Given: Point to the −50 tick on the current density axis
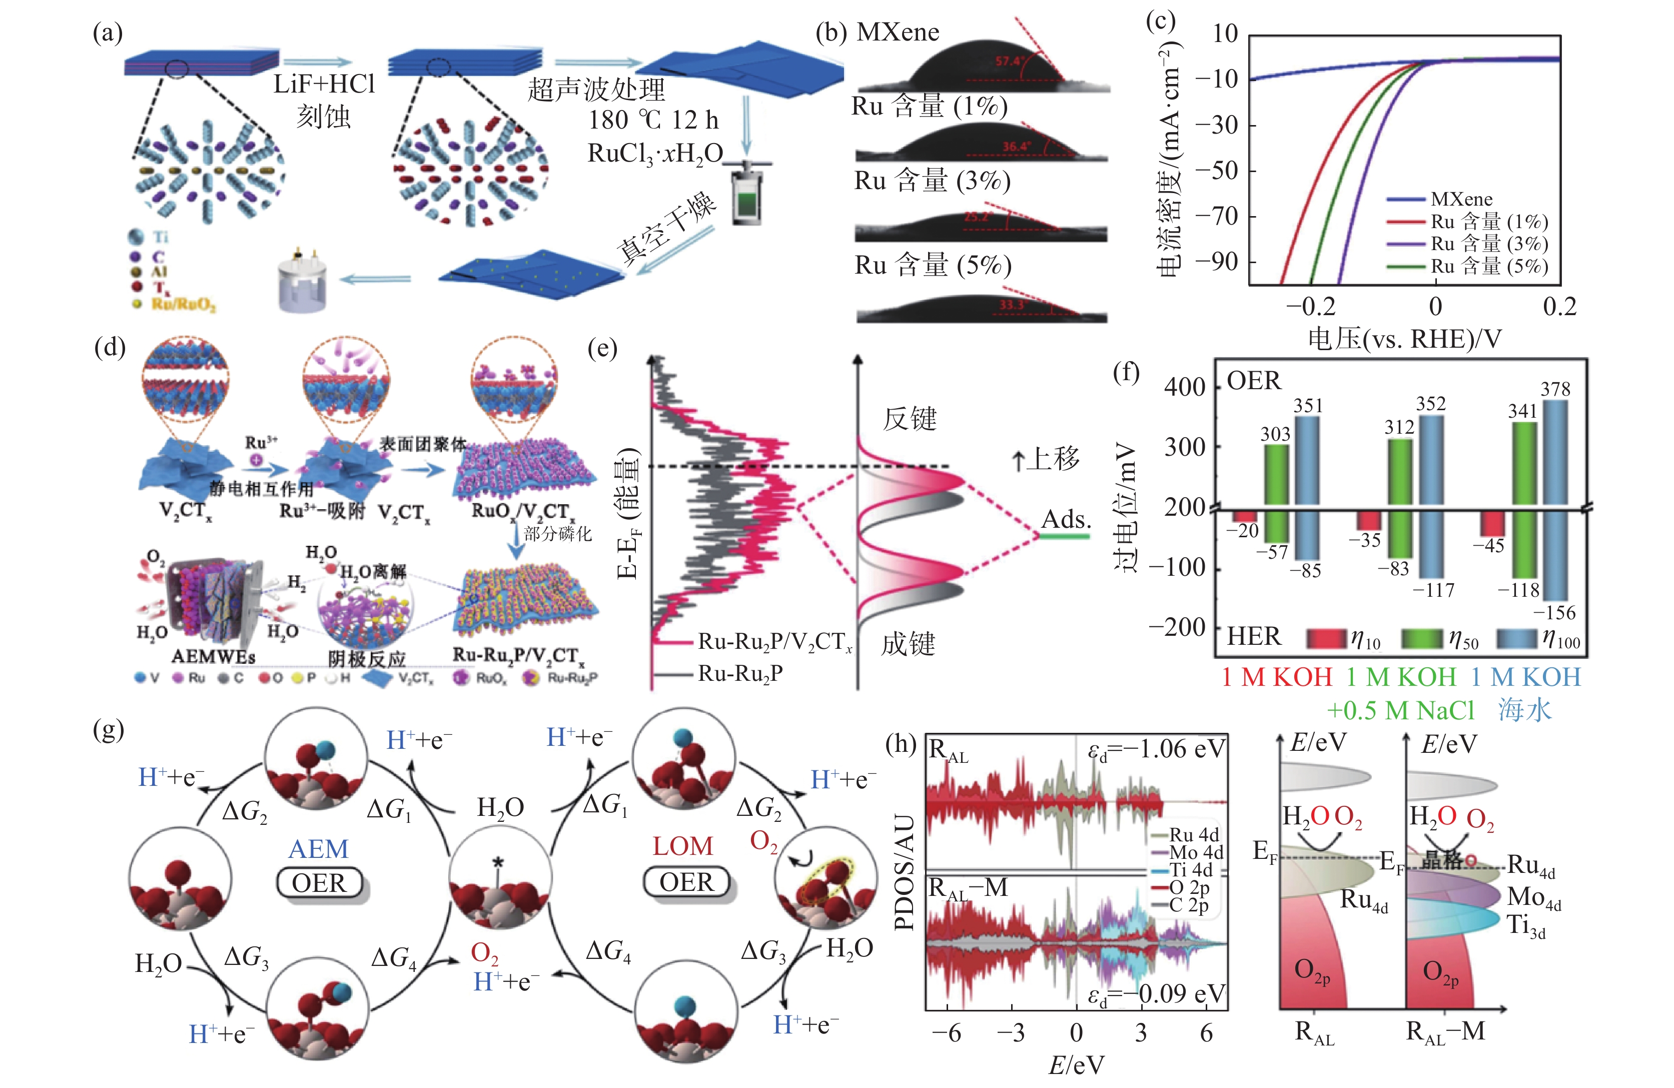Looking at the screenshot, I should (x=1216, y=171).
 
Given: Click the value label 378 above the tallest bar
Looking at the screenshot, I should (x=1555, y=389).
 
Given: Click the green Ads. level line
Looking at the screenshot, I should (x=1065, y=537).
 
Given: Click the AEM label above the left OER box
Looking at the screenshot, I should (x=318, y=849).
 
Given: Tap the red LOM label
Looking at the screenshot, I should (x=682, y=846).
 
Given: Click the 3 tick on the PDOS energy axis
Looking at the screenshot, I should (x=1141, y=1032).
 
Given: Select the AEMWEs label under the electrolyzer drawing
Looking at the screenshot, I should (x=213, y=656).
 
